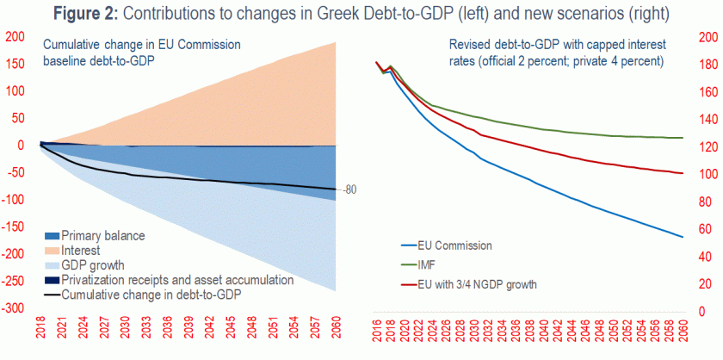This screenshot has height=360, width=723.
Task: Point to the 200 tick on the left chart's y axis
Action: coord(15,37)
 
